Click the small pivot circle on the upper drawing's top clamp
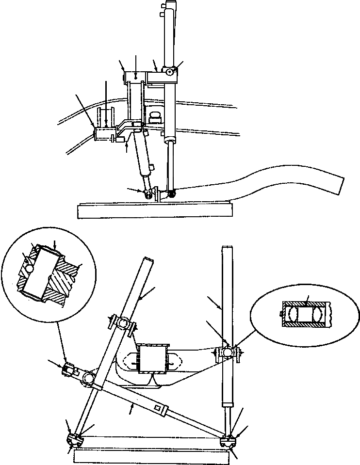pos(168,72)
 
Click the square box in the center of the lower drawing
pos(153,359)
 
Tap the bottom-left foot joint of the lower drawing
pos(74,440)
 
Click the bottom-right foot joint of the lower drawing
pos(228,441)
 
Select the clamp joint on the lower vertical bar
pos(228,351)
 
